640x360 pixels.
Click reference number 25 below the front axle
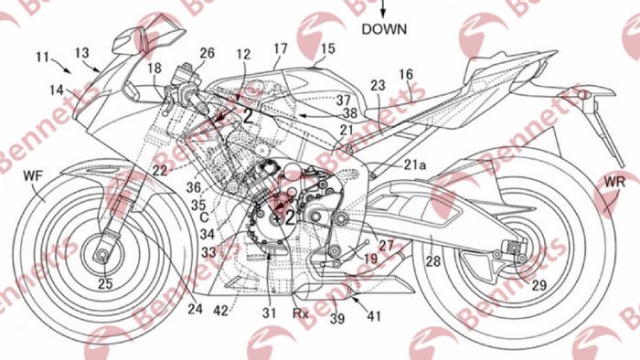[105, 284]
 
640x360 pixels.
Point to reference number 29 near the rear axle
[541, 286]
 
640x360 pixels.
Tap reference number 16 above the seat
[406, 74]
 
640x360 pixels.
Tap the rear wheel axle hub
[512, 249]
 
